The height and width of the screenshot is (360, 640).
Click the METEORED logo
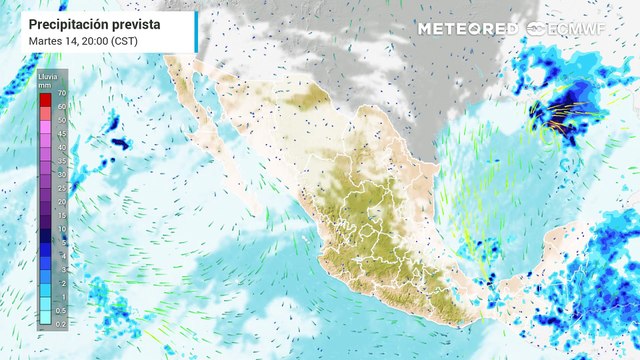[468, 28]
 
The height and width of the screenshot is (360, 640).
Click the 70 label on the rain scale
[61, 91]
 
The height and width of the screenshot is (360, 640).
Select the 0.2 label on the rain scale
[61, 323]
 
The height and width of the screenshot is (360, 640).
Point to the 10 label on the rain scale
[61, 228]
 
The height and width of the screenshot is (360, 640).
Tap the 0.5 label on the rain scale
[61, 310]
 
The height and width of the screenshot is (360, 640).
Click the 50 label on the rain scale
[61, 119]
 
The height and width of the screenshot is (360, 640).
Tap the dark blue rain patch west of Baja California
[120, 144]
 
